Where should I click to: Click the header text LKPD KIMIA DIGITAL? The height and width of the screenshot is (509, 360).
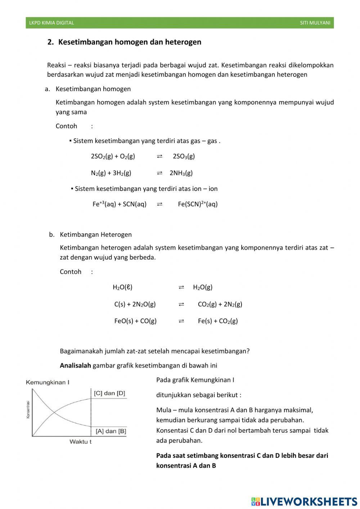point(51,23)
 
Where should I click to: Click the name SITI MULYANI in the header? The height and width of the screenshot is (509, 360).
point(315,23)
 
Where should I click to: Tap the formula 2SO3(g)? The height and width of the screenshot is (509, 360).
point(184,156)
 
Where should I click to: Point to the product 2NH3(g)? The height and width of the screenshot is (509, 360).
point(181,173)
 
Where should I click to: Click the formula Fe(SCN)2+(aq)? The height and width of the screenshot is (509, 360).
point(198,204)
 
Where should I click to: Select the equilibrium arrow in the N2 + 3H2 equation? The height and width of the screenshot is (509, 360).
point(159,173)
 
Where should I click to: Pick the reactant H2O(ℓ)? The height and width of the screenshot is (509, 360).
point(122,287)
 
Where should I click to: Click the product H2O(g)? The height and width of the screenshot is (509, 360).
point(203,287)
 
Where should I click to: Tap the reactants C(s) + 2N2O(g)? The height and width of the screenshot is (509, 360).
point(135,304)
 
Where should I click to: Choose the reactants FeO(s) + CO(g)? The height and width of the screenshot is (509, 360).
point(135,321)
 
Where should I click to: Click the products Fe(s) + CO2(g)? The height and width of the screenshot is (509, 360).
point(218,321)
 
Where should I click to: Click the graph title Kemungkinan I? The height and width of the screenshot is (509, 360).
point(48,382)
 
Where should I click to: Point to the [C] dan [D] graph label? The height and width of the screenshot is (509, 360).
point(109,393)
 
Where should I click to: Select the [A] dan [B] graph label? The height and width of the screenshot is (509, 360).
point(111,431)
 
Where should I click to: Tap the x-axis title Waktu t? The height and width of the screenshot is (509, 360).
point(80,442)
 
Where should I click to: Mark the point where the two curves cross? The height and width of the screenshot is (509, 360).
point(54,411)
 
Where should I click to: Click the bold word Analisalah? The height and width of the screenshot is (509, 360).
point(75,366)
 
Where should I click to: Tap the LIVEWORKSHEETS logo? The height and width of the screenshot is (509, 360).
point(304,501)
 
